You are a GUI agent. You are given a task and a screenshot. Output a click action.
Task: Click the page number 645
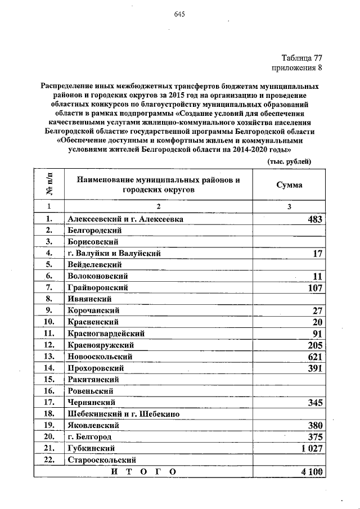pos(180,15)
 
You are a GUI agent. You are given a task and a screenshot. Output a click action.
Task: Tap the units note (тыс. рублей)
pos(289,161)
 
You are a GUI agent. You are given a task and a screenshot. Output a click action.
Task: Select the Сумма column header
pos(289,184)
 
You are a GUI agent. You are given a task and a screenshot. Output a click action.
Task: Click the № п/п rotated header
pos(49,184)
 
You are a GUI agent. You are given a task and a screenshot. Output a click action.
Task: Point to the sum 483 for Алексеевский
pos(314,219)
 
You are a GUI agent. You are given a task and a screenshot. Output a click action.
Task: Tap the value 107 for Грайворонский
pos(314,288)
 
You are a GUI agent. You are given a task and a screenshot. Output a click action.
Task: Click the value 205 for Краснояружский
pos(314,345)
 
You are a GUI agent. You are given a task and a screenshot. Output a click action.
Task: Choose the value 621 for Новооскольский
pos(314,357)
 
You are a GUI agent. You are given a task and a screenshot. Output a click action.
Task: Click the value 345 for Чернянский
pos(314,402)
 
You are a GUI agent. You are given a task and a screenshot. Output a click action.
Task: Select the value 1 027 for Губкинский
pos(310,448)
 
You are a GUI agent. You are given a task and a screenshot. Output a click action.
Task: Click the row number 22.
pos(49,460)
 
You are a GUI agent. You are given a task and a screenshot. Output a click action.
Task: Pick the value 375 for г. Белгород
pos(314,436)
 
